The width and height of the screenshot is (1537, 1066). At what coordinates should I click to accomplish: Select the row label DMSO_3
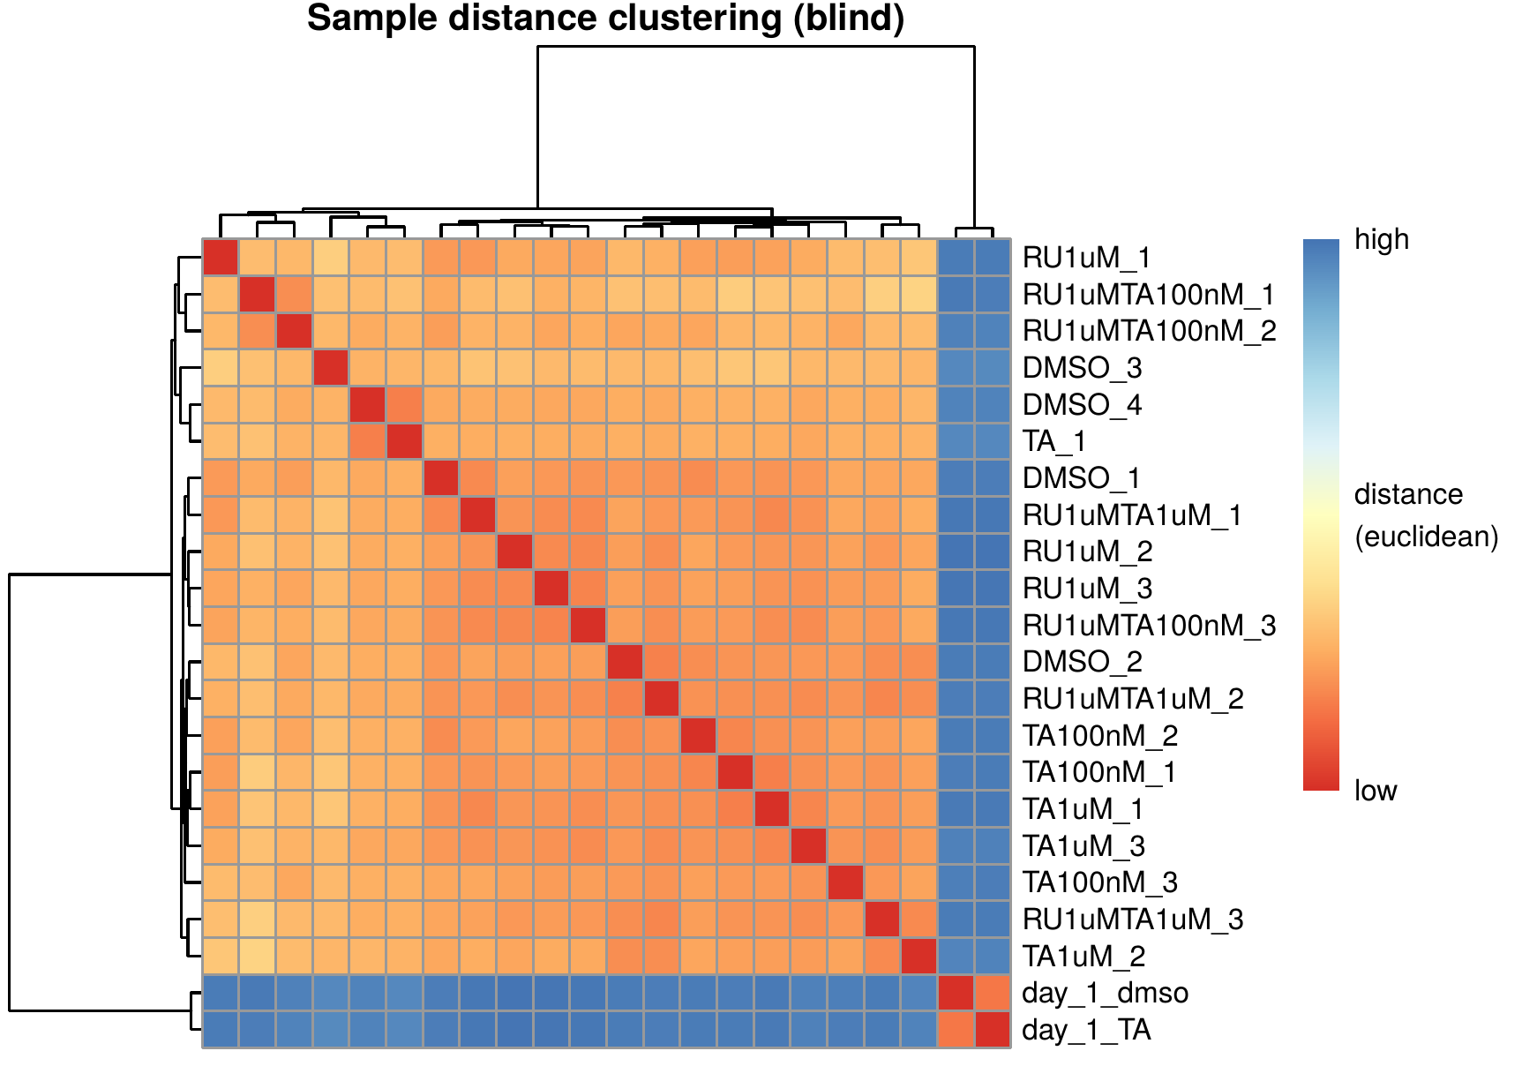tap(1082, 367)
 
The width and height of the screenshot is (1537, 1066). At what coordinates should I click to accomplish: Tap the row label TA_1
tap(1053, 441)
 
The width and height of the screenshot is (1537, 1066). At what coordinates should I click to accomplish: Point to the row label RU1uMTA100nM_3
tap(1149, 626)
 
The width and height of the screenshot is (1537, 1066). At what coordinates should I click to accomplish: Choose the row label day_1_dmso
tap(1105, 993)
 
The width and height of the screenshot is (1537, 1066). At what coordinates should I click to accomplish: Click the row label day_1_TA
tap(1086, 1030)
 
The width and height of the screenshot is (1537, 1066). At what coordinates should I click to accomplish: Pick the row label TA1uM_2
tap(1083, 956)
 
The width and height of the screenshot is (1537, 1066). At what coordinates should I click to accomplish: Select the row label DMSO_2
tap(1082, 662)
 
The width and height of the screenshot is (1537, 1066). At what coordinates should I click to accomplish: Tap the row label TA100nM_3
tap(1100, 882)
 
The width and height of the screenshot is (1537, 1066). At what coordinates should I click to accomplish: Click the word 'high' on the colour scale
tap(1382, 239)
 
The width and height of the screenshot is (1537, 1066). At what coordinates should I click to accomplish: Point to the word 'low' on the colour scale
tap(1376, 791)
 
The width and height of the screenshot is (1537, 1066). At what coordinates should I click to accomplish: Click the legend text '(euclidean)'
tap(1427, 537)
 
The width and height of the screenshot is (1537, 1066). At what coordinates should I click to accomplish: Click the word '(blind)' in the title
tap(849, 19)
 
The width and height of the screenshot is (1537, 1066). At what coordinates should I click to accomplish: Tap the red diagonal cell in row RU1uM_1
tap(221, 258)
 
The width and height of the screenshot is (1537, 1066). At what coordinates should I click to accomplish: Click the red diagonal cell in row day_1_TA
tap(993, 1030)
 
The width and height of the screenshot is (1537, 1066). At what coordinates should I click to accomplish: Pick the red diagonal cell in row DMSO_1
tap(441, 478)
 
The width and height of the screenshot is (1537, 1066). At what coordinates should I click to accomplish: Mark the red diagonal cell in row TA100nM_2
tap(699, 736)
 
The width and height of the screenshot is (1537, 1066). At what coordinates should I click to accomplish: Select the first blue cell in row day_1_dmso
tap(221, 993)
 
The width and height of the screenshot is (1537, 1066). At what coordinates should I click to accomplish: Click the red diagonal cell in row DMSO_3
tap(331, 368)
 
